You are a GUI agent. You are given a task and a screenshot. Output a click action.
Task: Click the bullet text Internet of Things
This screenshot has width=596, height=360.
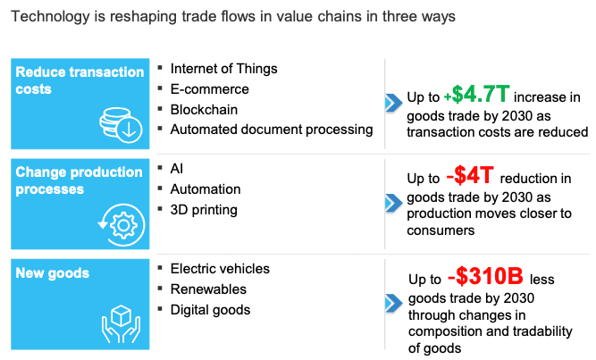coord(223,69)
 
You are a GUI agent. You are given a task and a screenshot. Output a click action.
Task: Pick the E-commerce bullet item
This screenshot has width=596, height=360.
coord(209,89)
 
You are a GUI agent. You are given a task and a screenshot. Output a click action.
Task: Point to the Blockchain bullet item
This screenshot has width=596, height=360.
coord(205,109)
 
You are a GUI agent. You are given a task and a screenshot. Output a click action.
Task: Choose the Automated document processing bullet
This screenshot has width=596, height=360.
coord(271,130)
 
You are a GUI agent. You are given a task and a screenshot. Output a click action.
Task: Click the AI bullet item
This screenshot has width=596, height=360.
coord(177,168)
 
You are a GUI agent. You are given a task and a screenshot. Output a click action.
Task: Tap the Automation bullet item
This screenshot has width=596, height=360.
coord(205,188)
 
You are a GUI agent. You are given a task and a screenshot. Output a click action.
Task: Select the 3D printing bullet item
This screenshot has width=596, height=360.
coord(203,210)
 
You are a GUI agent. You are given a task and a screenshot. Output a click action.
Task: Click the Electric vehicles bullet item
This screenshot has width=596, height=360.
coord(219,268)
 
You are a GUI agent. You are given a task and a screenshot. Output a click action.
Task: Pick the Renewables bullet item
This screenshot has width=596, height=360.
coord(207,289)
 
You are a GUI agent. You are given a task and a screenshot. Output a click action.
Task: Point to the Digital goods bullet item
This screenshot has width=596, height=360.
coord(210,310)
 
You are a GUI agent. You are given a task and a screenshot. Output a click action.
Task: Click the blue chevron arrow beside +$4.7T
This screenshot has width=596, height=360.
coord(392,104)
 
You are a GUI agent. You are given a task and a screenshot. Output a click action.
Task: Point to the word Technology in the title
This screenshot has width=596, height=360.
coord(45,17)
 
